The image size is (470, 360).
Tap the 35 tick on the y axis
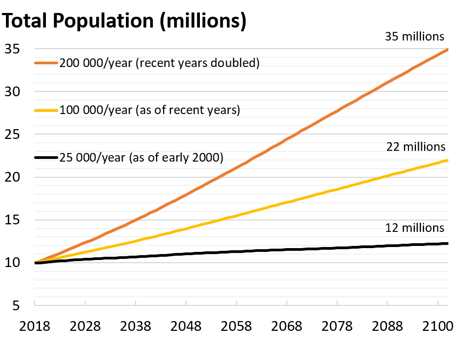(x=12, y=49)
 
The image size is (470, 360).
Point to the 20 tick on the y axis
(x=12, y=177)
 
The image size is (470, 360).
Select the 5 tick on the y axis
(x=16, y=305)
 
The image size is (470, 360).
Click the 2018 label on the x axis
(x=35, y=327)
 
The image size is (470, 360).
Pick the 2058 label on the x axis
(x=236, y=327)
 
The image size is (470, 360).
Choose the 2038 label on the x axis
(x=136, y=327)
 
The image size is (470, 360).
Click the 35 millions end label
(x=414, y=37)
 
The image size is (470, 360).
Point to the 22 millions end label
(x=415, y=146)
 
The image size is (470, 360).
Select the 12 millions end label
(x=414, y=228)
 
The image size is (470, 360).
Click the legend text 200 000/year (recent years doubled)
(x=160, y=63)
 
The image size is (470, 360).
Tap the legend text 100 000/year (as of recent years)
(x=150, y=110)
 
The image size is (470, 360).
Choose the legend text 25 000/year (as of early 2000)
(x=141, y=157)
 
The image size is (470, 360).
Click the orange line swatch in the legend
(x=46, y=63)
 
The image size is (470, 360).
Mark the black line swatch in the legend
(x=46, y=157)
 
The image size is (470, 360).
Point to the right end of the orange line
(x=447, y=50)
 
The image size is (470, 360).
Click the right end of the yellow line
(x=447, y=160)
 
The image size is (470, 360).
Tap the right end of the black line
(x=447, y=244)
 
